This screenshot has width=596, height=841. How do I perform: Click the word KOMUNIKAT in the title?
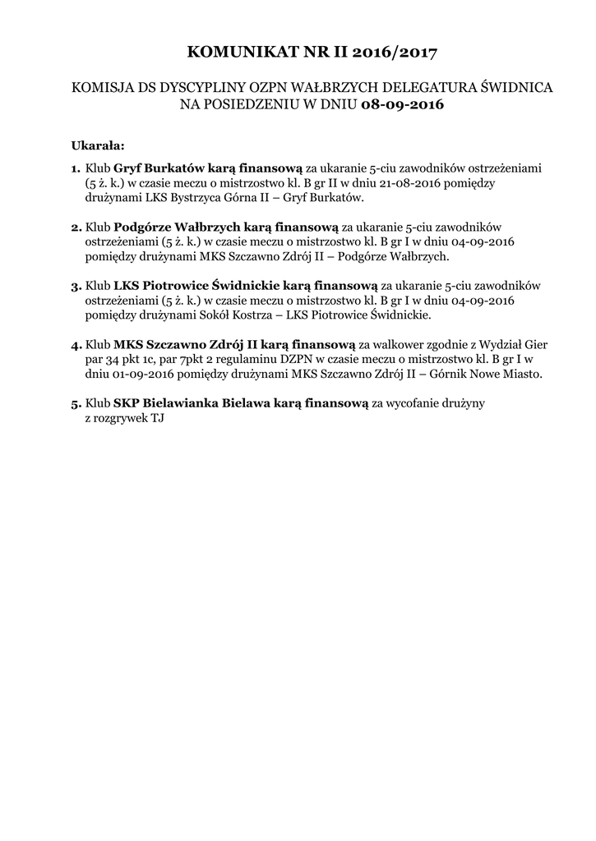pos(236,53)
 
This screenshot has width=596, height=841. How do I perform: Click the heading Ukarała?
pos(97,146)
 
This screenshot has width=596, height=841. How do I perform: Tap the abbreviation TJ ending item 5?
pos(156,419)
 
